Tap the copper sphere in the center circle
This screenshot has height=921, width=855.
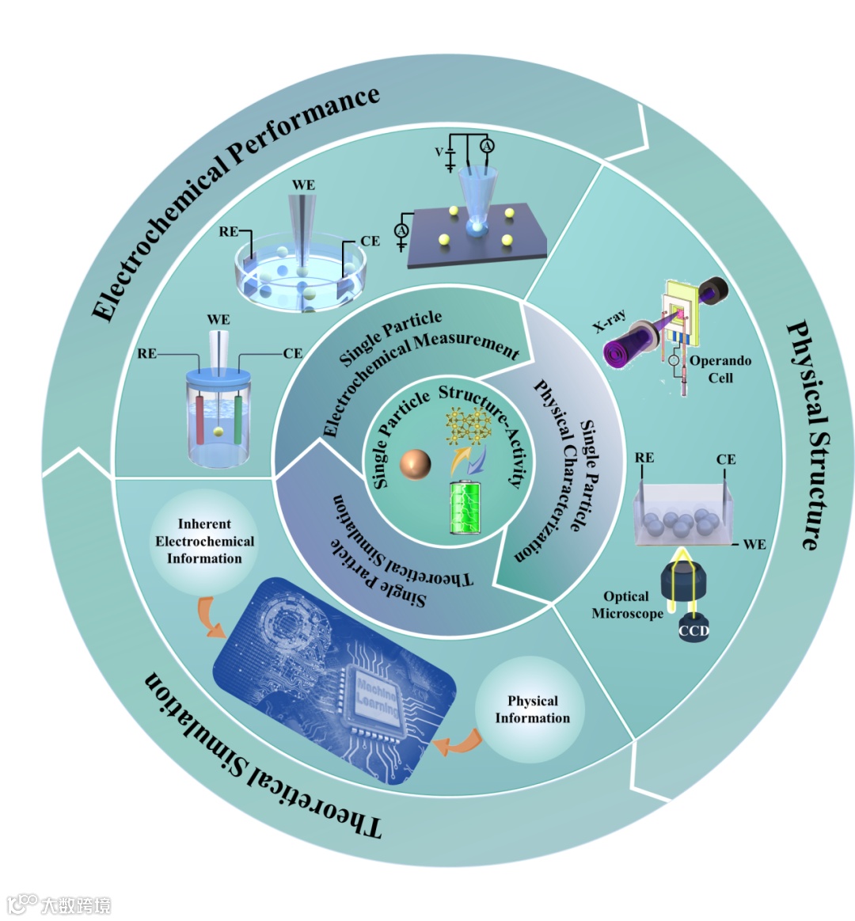(x=416, y=464)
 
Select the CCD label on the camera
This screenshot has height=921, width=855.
(x=693, y=631)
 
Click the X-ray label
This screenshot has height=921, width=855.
(x=610, y=321)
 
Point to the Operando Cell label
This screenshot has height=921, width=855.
(x=720, y=369)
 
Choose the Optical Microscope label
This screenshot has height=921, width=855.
(x=627, y=605)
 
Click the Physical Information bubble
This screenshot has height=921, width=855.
(x=532, y=710)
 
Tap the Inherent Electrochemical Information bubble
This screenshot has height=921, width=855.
(x=204, y=541)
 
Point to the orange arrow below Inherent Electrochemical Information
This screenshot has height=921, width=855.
(x=210, y=618)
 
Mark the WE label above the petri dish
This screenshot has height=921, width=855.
(x=303, y=185)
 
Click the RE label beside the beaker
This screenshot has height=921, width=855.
(x=146, y=354)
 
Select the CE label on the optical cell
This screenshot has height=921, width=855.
(x=725, y=459)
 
